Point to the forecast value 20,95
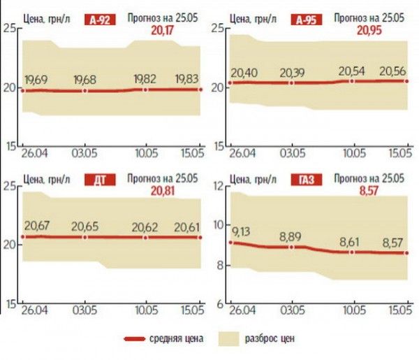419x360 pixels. coord(371,31)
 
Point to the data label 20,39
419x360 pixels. coord(294,72)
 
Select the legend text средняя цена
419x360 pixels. coord(175,339)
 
